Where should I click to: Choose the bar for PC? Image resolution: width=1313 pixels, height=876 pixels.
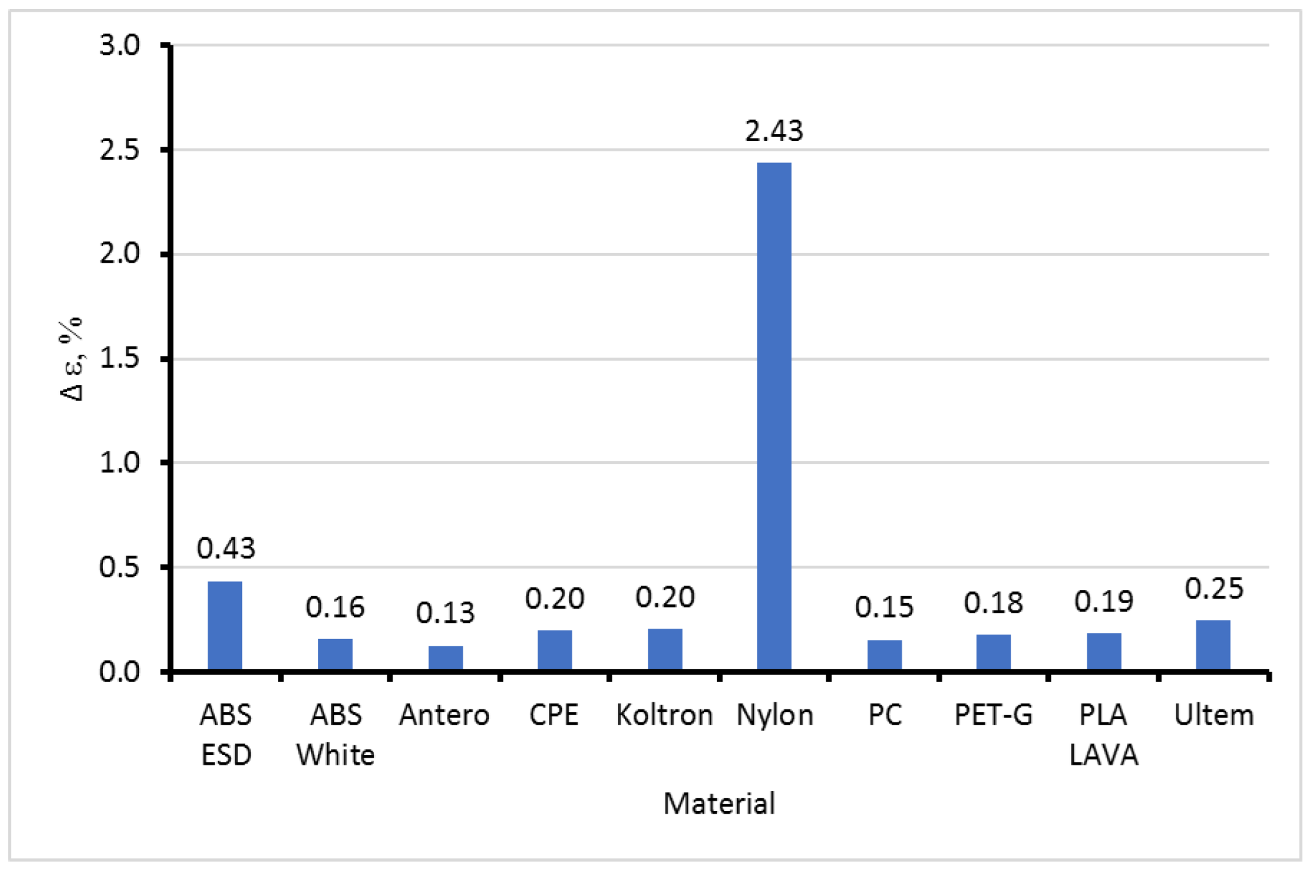click(884, 655)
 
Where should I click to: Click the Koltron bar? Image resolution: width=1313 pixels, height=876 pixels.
click(665, 649)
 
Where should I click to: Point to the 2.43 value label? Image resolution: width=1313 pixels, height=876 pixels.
click(774, 131)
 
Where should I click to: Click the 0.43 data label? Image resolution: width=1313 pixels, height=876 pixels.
click(226, 548)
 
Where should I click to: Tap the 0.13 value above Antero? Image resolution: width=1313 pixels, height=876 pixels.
click(445, 613)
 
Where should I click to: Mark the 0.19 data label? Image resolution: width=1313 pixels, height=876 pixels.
click(1104, 602)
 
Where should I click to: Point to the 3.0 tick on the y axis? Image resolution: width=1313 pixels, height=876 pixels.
click(119, 45)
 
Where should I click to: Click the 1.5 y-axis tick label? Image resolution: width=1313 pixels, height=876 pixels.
click(119, 358)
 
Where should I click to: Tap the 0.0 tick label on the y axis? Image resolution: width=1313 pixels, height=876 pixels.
click(119, 672)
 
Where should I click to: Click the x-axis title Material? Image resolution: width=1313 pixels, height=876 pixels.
click(719, 804)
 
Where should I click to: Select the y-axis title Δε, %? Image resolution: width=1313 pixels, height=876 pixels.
click(72, 358)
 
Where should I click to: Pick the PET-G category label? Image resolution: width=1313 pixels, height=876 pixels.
click(993, 715)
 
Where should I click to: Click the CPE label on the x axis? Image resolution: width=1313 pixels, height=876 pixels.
click(554, 715)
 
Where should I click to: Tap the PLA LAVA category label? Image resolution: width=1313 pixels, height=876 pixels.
click(1104, 735)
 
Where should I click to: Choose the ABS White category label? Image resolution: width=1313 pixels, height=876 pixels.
click(336, 735)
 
